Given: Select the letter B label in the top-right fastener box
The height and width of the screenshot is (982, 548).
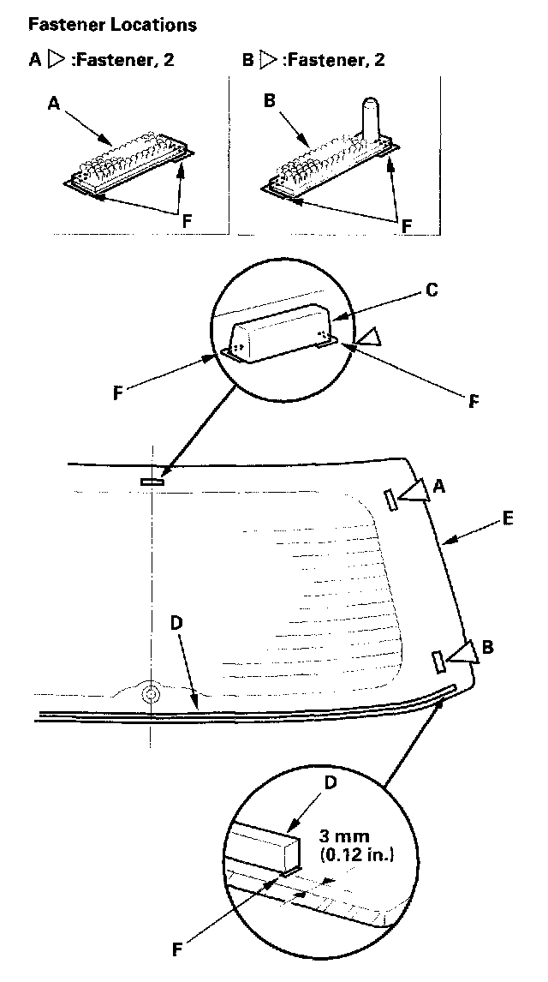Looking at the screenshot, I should pyautogui.click(x=269, y=100).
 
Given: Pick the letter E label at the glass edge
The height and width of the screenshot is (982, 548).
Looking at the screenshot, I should pyautogui.click(x=507, y=518).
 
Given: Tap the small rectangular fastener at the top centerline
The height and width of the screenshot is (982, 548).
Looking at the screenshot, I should pyautogui.click(x=152, y=482).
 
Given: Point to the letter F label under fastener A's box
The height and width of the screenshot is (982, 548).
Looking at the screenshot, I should pyautogui.click(x=186, y=219).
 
